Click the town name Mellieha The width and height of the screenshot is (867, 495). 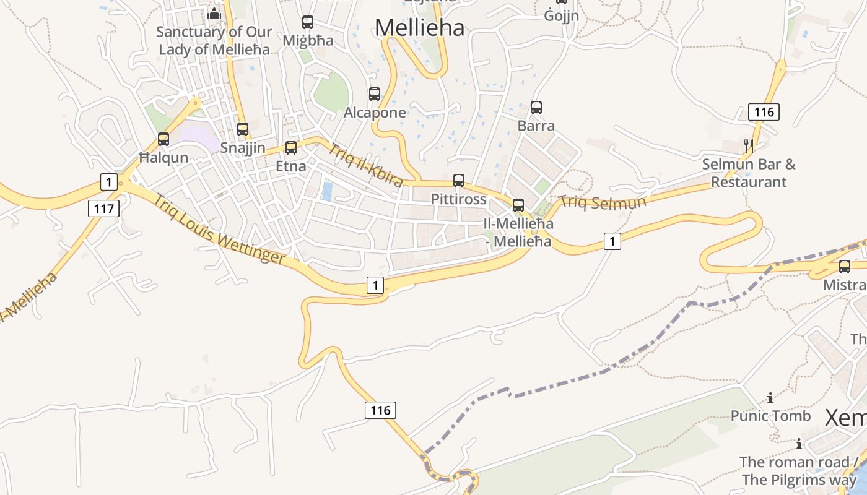pos(419,27)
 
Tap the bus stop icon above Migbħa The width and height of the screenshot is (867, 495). pos(308,22)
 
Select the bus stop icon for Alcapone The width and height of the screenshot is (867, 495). pos(375,94)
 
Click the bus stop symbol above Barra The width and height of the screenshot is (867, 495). pos(536,108)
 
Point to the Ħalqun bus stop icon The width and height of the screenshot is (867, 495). pos(163,139)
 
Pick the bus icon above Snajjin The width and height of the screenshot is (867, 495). pos(243,129)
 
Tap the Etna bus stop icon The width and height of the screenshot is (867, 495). pos(290,148)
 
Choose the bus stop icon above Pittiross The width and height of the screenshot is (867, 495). pos(459,181)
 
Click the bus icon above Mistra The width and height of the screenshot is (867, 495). pos(845,267)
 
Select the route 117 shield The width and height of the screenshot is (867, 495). pos(103,209)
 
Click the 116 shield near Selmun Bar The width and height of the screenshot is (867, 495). pos(764,112)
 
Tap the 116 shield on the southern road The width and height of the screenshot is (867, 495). pos(380,410)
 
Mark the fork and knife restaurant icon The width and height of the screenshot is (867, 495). pos(749,146)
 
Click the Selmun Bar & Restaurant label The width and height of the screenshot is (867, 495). pos(748,173)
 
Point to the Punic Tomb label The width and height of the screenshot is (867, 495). pos(770,416)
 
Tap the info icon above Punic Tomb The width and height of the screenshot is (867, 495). pos(770,398)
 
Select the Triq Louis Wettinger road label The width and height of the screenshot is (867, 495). pos(219,230)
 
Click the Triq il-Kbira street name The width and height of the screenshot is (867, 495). pos(365,165)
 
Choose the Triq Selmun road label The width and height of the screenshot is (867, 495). pos(603,202)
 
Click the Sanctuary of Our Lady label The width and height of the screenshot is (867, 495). pos(214,40)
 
